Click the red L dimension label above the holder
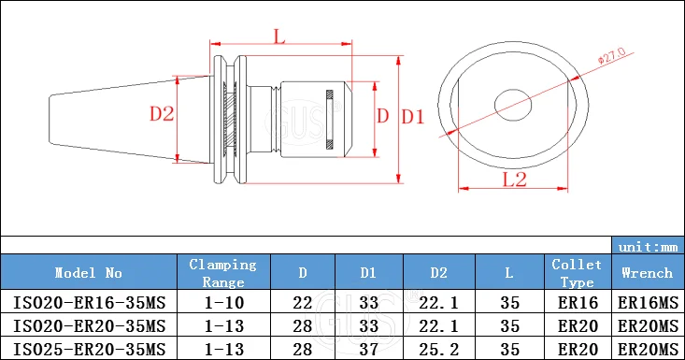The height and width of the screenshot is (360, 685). pyautogui.click(x=279, y=36)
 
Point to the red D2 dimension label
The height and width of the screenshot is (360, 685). pyautogui.click(x=162, y=114)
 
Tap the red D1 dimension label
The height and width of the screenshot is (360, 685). pyautogui.click(x=413, y=117)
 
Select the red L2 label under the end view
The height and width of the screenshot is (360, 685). pyautogui.click(x=515, y=180)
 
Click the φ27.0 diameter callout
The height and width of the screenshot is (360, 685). pyautogui.click(x=611, y=55)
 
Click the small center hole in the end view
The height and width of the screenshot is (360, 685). pyautogui.click(x=513, y=105)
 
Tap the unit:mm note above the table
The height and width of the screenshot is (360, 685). pyautogui.click(x=648, y=247)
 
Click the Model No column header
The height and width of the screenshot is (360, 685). pyautogui.click(x=88, y=273)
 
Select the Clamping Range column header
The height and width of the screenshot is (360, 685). pyautogui.click(x=222, y=273)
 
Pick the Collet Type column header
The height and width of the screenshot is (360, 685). pyautogui.click(x=577, y=273)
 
